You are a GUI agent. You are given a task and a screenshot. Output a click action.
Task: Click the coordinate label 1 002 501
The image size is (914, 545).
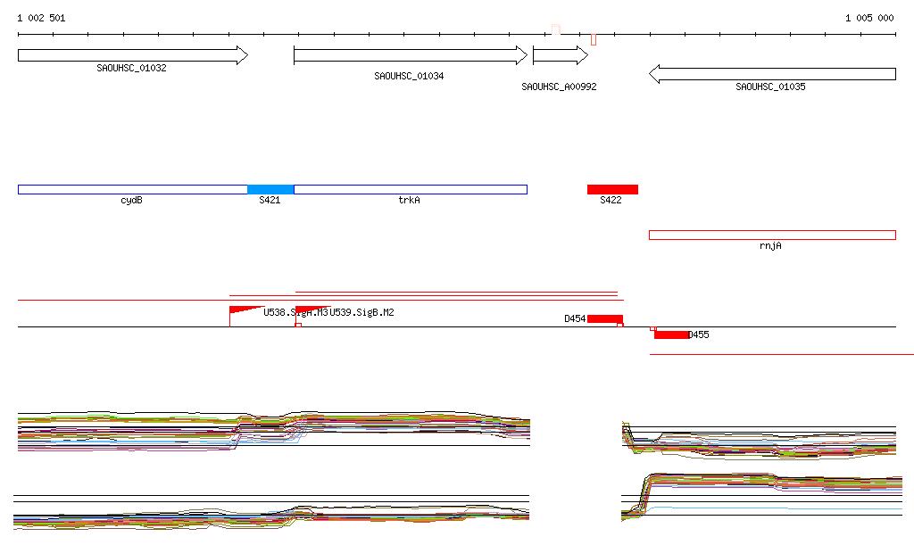41,18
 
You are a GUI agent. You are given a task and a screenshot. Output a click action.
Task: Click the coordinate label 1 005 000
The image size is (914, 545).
869,18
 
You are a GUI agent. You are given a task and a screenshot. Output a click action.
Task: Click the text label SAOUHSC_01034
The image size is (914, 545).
409,77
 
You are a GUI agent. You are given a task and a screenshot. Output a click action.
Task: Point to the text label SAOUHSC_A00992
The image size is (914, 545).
559,87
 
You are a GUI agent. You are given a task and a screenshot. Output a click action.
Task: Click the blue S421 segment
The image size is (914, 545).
270,189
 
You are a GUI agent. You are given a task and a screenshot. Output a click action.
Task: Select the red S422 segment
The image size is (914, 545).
612,189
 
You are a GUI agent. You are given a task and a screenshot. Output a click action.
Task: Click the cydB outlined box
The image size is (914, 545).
132,189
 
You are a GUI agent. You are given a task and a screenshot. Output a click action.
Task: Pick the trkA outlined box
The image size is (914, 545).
411,189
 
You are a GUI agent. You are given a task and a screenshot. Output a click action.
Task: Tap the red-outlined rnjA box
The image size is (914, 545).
772,235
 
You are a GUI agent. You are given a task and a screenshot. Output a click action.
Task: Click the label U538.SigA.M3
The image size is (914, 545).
295,312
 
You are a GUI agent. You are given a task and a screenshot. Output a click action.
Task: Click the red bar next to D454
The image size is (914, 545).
604,318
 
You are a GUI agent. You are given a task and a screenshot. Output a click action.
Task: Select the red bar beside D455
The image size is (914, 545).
671,334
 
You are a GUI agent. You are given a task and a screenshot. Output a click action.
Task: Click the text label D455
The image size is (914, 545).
699,335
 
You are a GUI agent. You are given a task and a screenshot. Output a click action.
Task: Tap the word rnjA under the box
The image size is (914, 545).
770,246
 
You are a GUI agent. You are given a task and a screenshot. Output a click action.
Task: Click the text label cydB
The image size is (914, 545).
131,201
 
